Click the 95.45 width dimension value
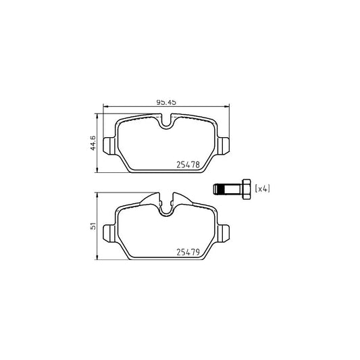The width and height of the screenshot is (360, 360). pos(166,102)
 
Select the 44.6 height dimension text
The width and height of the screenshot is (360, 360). pos(93,143)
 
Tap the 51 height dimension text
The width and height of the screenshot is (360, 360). pos(93,226)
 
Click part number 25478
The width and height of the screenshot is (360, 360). pos(188,165)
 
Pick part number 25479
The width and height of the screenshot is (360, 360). pos(188,252)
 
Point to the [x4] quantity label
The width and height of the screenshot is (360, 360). pos(263,188)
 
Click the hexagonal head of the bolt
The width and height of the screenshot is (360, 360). pos(247,189)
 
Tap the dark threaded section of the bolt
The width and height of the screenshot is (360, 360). pos(221,189)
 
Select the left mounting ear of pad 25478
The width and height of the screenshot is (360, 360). pos(109,145)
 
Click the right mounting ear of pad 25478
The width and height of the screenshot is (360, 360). pos(223,145)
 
